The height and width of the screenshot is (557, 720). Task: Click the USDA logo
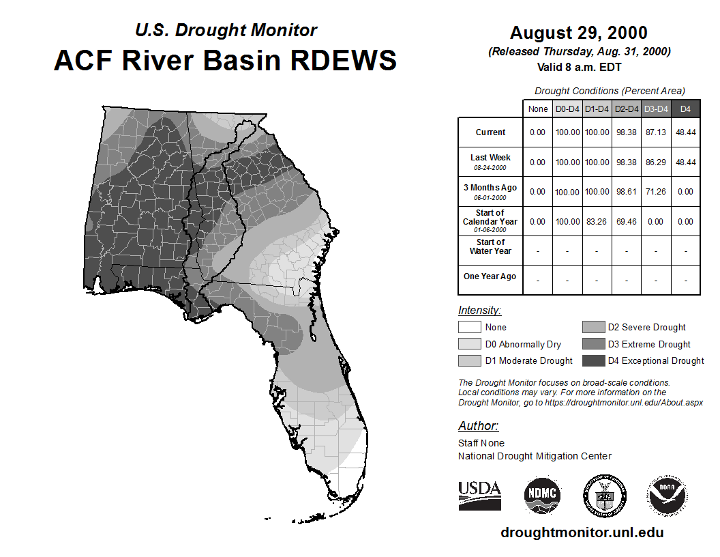click(479, 496)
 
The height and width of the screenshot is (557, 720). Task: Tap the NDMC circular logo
click(542, 495)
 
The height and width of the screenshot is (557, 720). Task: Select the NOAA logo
click(667, 495)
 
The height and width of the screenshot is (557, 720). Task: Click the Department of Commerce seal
click(605, 496)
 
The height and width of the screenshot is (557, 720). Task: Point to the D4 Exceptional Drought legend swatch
click(593, 361)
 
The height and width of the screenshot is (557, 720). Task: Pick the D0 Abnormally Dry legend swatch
click(469, 344)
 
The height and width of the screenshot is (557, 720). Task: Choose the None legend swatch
click(469, 327)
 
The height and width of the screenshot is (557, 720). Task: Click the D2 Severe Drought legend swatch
click(593, 327)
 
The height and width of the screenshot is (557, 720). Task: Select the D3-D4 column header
click(656, 109)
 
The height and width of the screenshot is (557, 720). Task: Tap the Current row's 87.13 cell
click(656, 132)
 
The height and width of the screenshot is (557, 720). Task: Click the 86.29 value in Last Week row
click(656, 162)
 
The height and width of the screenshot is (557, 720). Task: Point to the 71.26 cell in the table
click(656, 192)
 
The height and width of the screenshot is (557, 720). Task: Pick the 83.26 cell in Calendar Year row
click(597, 222)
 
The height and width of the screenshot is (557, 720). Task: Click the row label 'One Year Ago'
click(490, 276)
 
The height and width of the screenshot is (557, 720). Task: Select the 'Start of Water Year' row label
click(490, 247)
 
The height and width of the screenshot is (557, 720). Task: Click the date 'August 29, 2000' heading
click(579, 33)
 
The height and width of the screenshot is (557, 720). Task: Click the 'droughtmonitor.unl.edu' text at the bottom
click(582, 532)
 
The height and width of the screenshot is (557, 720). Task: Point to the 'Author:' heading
click(478, 426)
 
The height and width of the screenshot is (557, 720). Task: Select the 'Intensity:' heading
click(479, 310)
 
